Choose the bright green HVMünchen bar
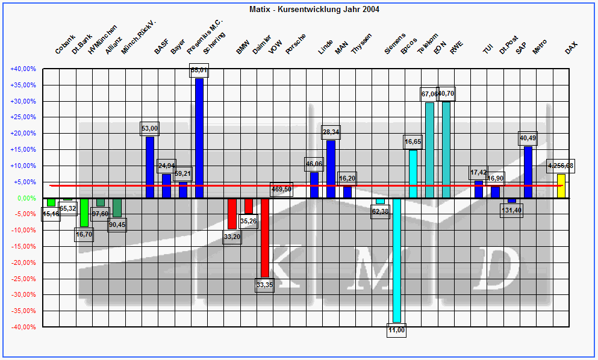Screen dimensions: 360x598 84,212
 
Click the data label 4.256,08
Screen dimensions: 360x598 561,166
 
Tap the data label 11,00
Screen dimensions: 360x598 397,331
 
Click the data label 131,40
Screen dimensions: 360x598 512,210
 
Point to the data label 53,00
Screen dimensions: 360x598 150,128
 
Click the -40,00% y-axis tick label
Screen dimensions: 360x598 23,327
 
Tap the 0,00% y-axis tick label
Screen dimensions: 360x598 26,198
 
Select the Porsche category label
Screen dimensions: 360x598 295,45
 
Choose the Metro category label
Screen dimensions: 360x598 540,46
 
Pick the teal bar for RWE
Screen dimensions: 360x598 446,150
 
